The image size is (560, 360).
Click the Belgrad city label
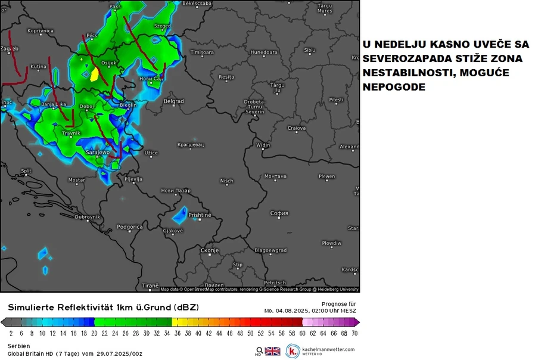point(173,101)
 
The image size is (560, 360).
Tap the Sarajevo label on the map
point(98,153)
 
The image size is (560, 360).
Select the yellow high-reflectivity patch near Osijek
point(94,74)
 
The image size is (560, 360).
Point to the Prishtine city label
point(200,215)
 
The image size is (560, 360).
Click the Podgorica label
point(129,226)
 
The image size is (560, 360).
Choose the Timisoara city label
point(202,52)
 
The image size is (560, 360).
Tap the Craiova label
point(296,128)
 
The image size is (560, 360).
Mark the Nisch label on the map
point(226,181)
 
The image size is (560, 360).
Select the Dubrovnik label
point(87,217)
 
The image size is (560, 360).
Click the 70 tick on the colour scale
point(354,333)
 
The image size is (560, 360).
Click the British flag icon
point(272,351)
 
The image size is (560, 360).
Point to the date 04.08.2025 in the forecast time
point(295,311)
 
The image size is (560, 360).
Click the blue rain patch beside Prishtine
point(180,217)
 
